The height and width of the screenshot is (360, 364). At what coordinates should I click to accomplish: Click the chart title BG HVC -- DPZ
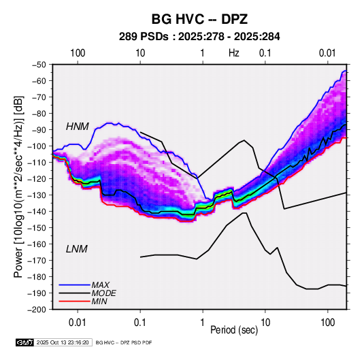199,19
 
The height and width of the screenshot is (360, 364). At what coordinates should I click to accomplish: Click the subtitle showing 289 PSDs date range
199,37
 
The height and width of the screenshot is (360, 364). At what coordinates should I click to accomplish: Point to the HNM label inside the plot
78,127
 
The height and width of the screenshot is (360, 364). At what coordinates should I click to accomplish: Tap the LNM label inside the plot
77,249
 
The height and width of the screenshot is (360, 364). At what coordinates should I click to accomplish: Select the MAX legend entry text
101,285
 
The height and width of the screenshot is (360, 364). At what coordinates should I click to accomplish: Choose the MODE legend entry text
104,293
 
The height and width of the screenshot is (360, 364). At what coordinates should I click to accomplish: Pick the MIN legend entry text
99,301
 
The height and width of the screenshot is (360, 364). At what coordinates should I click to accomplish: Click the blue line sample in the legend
74,285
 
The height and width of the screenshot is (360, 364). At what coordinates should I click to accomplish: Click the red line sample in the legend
74,301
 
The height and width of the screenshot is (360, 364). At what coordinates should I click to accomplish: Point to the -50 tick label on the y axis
39,65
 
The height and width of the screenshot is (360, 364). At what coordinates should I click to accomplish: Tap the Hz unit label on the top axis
234,53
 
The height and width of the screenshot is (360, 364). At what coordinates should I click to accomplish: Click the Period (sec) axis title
234,330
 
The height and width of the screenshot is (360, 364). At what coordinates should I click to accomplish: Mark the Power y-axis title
18,186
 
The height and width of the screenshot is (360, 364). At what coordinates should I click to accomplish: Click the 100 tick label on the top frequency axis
78,53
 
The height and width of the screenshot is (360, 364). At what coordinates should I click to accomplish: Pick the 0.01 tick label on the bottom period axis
78,323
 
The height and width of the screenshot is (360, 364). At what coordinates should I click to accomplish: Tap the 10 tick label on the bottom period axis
265,323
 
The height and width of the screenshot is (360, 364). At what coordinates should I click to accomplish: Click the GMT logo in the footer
24,342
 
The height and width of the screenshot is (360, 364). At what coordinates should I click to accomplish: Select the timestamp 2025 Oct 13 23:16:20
63,342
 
